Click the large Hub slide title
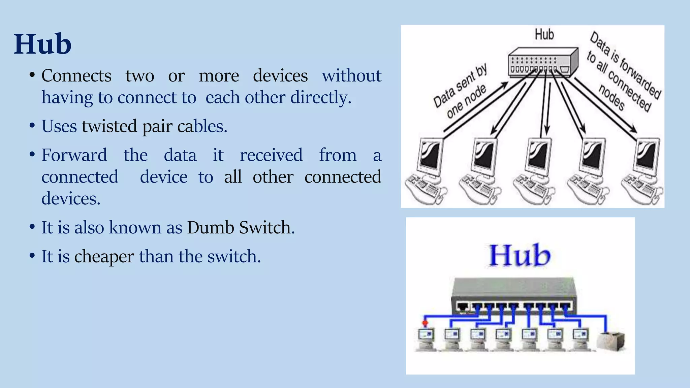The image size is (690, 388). [x=42, y=44]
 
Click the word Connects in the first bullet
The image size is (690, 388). [x=76, y=75]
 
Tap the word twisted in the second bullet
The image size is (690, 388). [x=109, y=126]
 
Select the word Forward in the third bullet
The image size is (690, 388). [x=74, y=155]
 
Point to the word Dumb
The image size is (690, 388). [x=211, y=227]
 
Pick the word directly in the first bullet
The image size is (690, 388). [x=321, y=98]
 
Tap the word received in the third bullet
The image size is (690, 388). [x=271, y=155]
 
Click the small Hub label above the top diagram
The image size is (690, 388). [x=544, y=35]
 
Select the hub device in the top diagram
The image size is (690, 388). [x=542, y=62]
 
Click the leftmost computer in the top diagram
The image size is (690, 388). [x=426, y=172]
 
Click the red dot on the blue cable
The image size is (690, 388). [x=425, y=323]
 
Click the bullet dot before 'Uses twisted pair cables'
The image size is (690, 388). [x=32, y=126]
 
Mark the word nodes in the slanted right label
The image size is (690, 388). [x=611, y=98]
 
